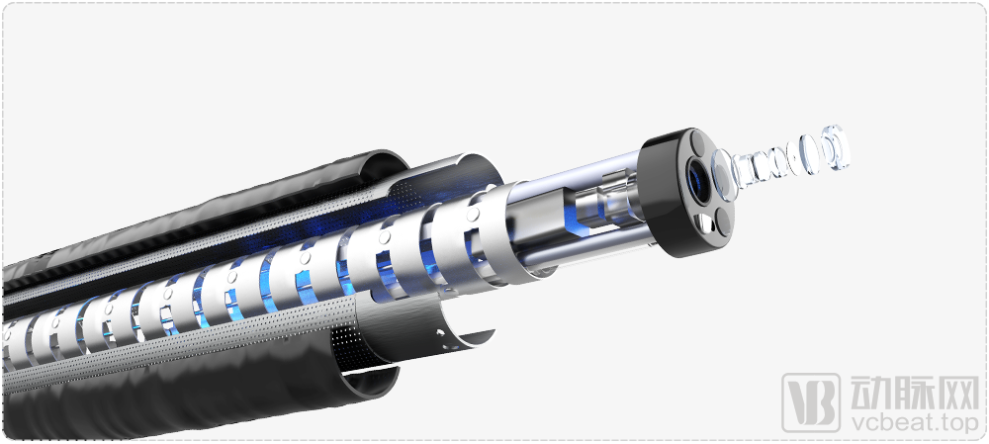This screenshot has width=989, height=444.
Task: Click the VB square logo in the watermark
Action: (811, 403)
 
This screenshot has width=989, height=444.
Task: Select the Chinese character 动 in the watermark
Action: (869, 393)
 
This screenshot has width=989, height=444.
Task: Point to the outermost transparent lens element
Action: (836, 146)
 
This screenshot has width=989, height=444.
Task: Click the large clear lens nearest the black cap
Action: (723, 175)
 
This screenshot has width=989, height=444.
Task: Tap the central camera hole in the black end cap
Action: (699, 180)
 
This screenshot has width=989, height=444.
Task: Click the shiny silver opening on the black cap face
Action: (701, 222)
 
